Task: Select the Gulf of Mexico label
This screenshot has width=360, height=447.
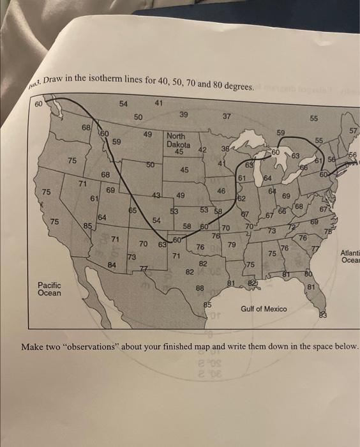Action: coord(264,309)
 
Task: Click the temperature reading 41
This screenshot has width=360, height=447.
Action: coord(159,103)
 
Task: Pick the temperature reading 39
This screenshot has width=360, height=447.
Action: coord(184,114)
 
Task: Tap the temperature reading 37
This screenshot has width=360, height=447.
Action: coord(227,117)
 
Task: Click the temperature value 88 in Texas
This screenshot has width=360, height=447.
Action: coord(199,289)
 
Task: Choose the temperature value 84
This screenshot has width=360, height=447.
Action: coord(112,264)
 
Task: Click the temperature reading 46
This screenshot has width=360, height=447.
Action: coord(221,190)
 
